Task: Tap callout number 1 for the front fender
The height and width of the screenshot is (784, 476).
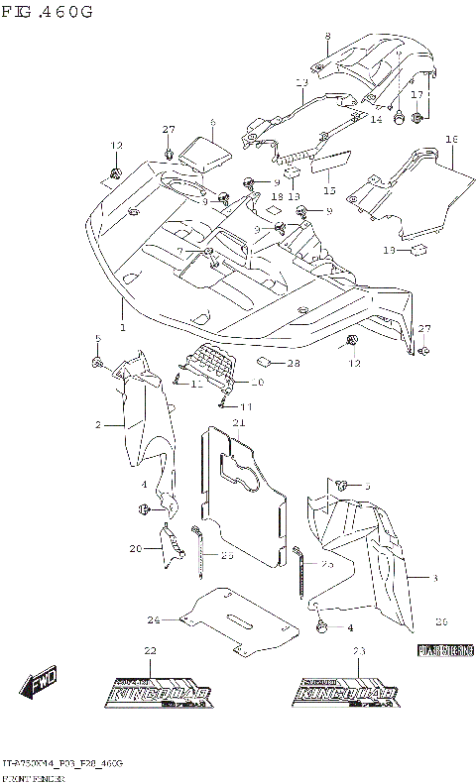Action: pos(123,328)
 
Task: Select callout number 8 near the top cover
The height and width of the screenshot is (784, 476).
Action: pos(327,37)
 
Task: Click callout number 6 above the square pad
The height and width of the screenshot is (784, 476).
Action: pos(211,123)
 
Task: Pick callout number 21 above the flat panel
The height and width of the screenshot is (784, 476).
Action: pos(238,423)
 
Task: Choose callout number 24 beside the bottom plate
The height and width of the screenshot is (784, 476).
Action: pos(154,620)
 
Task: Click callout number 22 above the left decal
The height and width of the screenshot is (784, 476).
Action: pos(150,650)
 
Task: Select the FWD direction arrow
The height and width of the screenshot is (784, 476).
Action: pos(40,683)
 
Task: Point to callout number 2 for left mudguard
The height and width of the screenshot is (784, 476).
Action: pos(99,424)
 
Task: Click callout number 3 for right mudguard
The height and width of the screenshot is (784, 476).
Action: pos(434,576)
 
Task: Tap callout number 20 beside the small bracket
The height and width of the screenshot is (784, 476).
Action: pos(135,547)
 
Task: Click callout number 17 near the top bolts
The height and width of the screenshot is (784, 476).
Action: pos(417,95)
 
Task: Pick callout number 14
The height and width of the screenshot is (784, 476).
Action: pos(376,119)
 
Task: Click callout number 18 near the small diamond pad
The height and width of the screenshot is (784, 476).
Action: pos(275,196)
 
